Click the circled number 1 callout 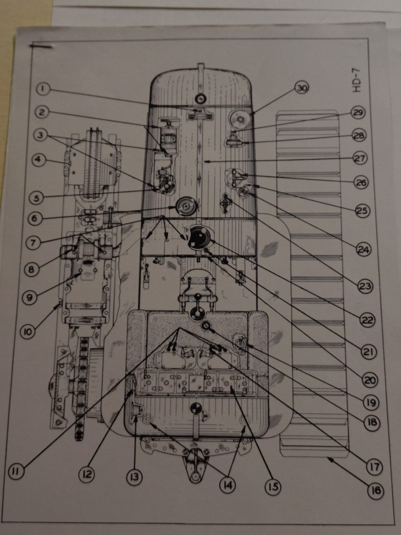tap(43, 89)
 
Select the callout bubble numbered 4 tap(39, 160)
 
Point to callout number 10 tap(29, 331)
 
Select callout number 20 tap(370, 380)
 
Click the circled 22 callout tap(367, 320)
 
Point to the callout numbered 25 tap(363, 211)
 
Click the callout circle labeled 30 tap(302, 89)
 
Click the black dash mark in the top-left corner tap(41, 46)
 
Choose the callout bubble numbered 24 tap(364, 250)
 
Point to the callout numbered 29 tap(358, 113)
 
